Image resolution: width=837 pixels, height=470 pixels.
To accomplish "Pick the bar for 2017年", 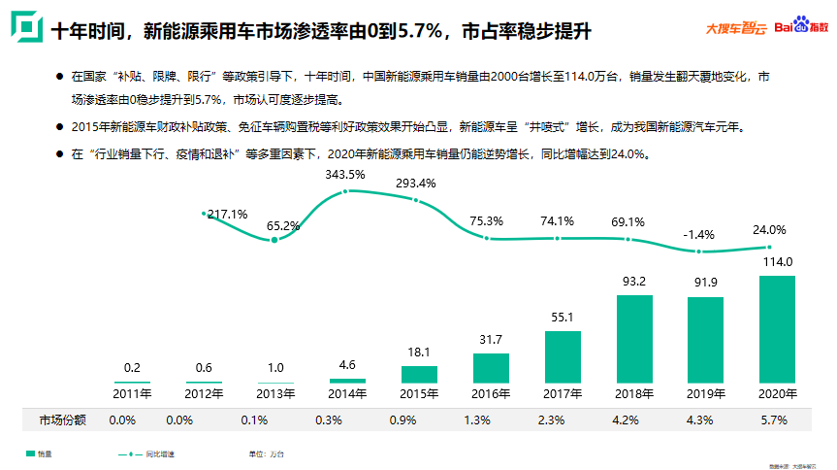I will point(563,356).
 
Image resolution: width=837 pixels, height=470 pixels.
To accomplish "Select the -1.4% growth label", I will point(698,234).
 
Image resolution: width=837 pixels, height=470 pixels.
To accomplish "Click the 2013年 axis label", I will point(274,393).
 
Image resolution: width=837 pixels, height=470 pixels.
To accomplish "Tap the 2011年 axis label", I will point(133,393).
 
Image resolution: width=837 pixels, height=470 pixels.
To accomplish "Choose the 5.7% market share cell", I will point(775,420).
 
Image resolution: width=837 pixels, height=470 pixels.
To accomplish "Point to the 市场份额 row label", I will point(63,420).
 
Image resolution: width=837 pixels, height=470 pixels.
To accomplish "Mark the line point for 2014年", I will point(346,191).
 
